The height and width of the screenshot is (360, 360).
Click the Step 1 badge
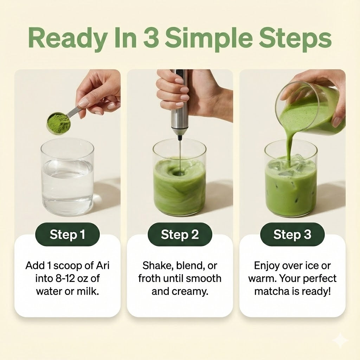(67, 234)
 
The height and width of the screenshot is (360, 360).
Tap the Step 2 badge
(180, 234)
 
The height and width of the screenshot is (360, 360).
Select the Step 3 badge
(292, 234)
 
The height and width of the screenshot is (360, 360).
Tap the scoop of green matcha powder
(58, 123)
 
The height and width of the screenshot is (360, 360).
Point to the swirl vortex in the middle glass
(179, 173)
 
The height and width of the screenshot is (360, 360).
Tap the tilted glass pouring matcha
(309, 109)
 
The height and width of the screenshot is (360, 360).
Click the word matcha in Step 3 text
(273, 291)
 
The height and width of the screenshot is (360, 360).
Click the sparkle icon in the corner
(340, 341)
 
